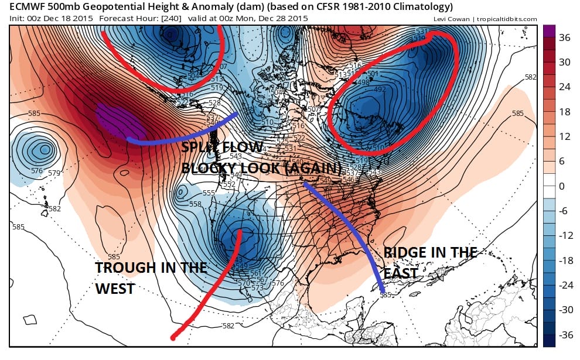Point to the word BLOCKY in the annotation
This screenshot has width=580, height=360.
click(210, 167)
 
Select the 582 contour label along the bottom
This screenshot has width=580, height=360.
click(229, 325)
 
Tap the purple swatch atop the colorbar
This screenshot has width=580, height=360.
click(549, 35)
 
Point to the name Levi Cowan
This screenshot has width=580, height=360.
click(451, 19)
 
